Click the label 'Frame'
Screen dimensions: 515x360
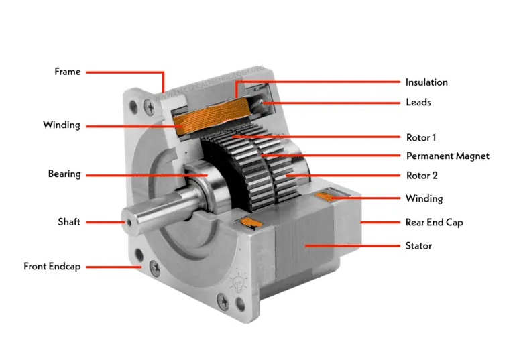tap(67, 72)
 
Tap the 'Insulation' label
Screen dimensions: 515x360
tap(426, 82)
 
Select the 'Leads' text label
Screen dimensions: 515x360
tap(418, 102)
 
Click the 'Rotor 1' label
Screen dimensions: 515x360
tap(421, 137)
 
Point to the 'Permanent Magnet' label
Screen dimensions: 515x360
tap(448, 156)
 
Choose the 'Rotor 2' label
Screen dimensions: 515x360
tap(422, 176)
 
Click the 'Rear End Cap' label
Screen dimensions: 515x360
tap(435, 223)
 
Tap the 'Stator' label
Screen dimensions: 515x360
tap(418, 245)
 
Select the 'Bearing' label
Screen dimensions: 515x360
tap(64, 174)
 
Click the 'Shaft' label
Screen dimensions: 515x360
tap(69, 222)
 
